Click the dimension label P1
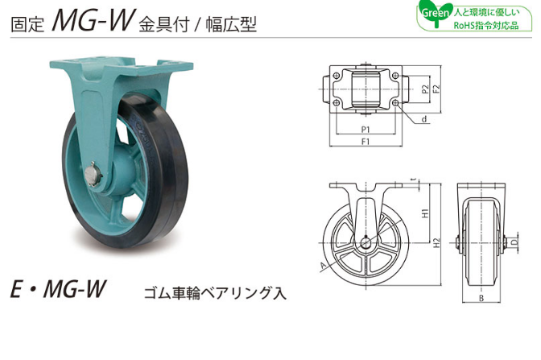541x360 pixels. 365,130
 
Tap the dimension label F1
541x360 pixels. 365,142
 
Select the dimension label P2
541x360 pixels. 425,89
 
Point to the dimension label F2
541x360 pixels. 437,89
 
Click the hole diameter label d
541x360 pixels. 424,119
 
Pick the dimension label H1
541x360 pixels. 426,213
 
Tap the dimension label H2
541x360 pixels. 437,242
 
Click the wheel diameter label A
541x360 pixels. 324,265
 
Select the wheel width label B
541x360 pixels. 481,298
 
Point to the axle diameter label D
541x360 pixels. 514,242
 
